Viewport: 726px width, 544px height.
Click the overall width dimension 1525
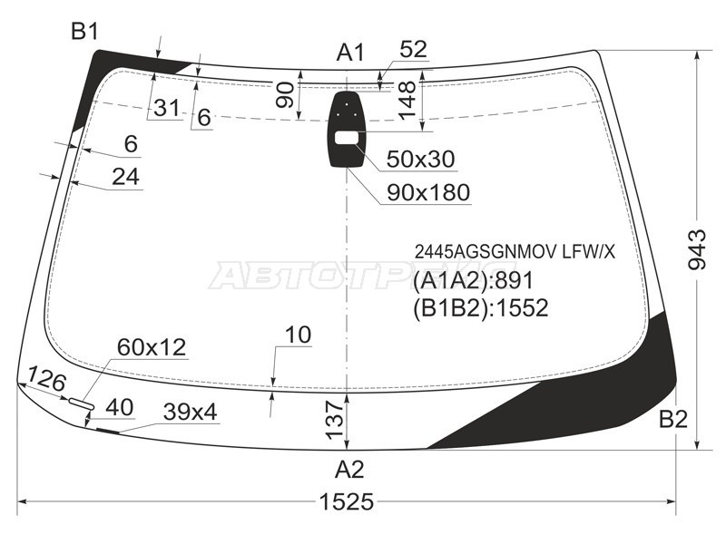click(x=347, y=501)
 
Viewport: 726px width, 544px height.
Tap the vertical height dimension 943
click(x=697, y=250)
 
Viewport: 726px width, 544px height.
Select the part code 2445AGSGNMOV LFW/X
click(x=515, y=252)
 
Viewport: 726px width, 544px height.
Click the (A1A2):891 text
click(x=473, y=281)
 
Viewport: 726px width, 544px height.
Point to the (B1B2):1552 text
click(x=481, y=308)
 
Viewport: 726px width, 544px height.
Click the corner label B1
click(x=84, y=32)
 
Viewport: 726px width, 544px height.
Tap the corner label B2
click(x=673, y=420)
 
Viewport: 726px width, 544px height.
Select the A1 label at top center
click(x=350, y=53)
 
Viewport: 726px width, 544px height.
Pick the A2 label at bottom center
click(x=349, y=470)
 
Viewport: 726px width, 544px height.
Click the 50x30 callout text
click(x=420, y=160)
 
